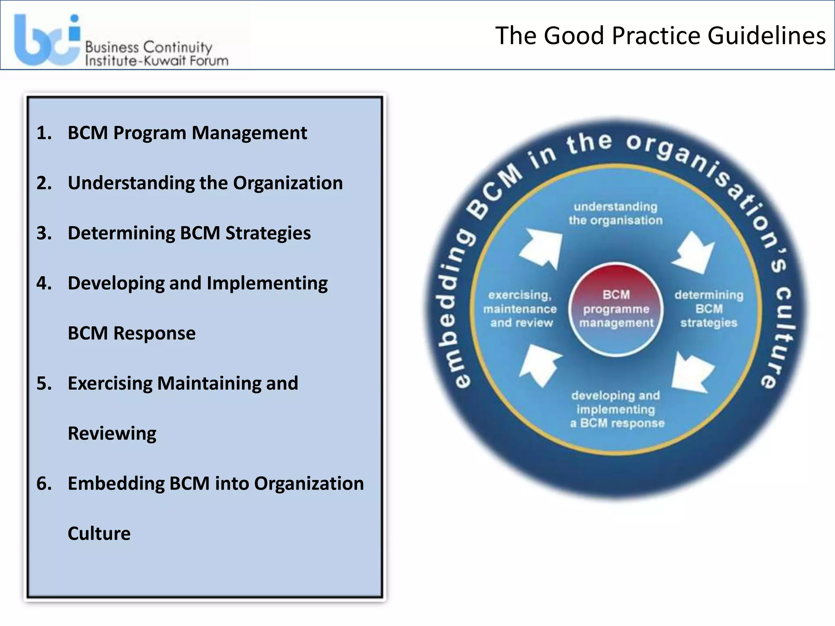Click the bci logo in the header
point(47,40)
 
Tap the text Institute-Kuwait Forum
point(157,61)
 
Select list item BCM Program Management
point(187,133)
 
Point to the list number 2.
point(44,183)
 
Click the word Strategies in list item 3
point(268,233)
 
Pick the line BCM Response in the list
point(131,333)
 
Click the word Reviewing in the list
point(112,434)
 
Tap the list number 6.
point(44,484)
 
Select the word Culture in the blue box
point(99,533)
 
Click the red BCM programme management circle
point(616,309)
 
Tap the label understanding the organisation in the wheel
point(616,214)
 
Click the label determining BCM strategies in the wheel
point(709,309)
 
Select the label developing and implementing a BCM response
point(616,409)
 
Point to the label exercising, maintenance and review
point(520,309)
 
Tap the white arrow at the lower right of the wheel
point(691,371)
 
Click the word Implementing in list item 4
point(267,283)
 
